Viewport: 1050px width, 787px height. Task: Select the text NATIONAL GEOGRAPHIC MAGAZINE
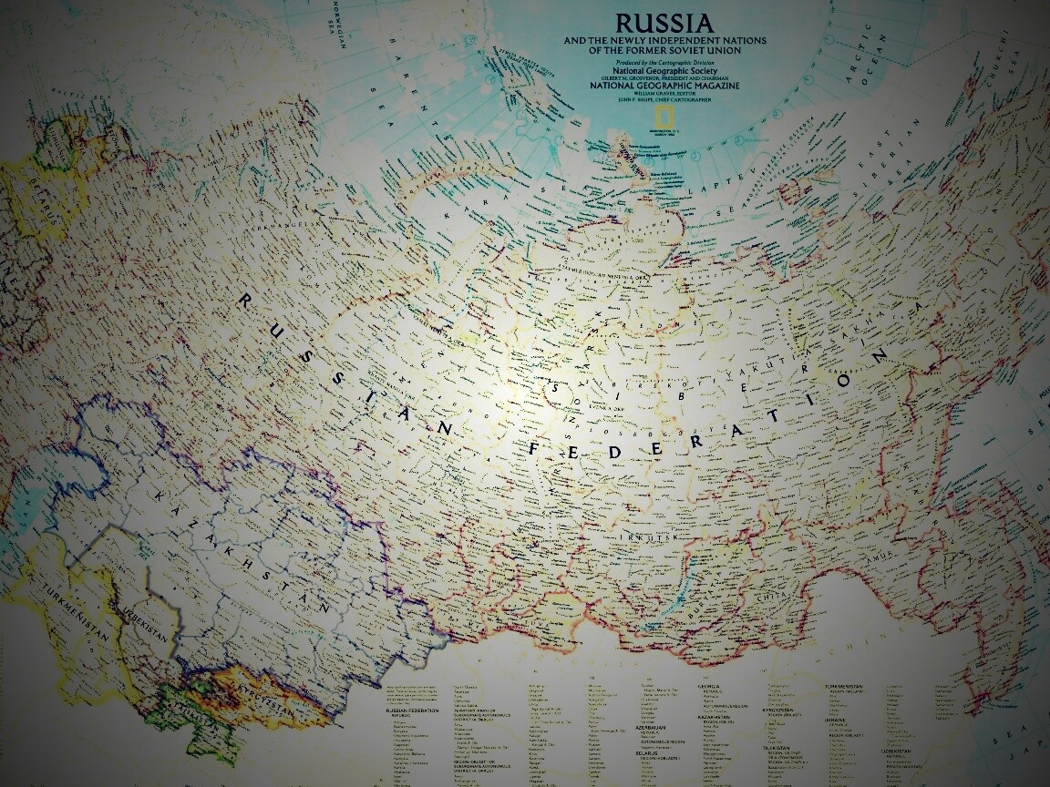[664, 86]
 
